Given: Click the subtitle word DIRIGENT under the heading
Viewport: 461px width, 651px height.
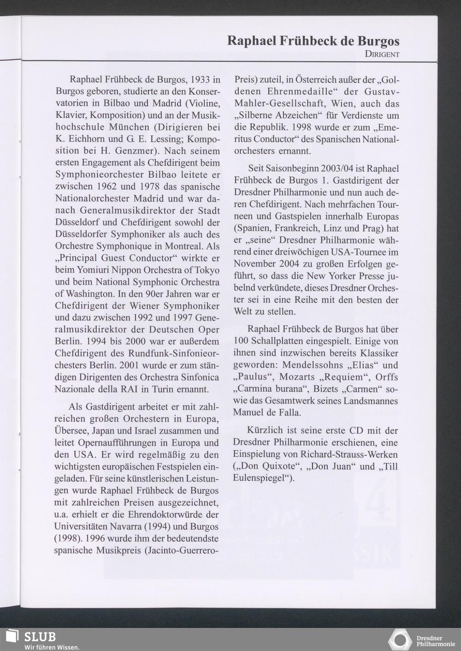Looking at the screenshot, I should [x=382, y=54].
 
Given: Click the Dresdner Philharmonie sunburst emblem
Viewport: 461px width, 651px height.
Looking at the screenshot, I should [x=400, y=640].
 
